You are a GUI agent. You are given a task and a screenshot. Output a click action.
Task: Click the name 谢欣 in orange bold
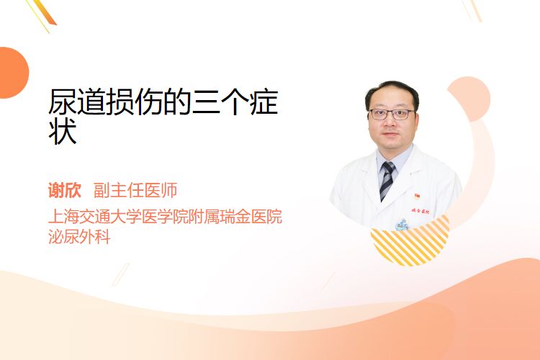coord(65,191)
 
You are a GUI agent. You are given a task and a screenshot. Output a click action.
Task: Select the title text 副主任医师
coord(135,191)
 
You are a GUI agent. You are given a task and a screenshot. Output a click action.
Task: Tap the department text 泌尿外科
coord(79,237)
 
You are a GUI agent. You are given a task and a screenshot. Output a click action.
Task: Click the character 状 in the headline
coord(63,132)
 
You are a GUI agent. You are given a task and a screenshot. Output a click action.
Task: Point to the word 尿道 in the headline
coord(77,102)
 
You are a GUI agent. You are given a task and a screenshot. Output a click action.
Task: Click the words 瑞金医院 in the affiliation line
coord(251,217)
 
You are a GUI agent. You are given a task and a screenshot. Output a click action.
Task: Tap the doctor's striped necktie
coord(387,181)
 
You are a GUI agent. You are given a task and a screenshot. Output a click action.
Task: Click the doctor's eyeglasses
coord(392,114)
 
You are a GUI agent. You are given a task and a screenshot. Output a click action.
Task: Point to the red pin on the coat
coord(418,197)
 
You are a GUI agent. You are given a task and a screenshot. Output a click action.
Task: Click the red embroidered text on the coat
coord(420,211)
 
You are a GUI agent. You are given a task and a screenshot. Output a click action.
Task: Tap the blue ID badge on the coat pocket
coord(402,225)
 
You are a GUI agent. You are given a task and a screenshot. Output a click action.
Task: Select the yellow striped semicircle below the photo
coord(410,243)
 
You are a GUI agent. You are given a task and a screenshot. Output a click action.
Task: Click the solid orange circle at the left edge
coord(12,73)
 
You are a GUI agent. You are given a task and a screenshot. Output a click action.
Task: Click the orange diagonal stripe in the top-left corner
coord(45,12)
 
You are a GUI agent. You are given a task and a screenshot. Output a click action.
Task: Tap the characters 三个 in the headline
coord(220,102)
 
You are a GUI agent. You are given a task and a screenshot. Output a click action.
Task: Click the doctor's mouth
coord(390,134)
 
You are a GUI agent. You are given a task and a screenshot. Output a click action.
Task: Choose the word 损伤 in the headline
coord(135,102)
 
